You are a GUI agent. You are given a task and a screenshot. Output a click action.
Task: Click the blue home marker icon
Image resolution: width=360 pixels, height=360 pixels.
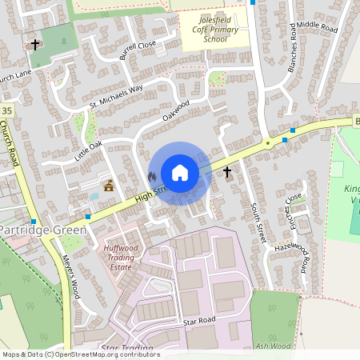click(x=180, y=173)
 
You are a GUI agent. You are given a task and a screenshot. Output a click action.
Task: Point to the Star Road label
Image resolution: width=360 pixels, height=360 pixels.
click(x=199, y=321)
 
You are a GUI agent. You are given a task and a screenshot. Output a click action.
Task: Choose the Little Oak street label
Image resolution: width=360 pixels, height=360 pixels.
click(x=89, y=150)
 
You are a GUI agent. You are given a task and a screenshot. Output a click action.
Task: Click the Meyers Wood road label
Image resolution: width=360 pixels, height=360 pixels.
click(x=71, y=276)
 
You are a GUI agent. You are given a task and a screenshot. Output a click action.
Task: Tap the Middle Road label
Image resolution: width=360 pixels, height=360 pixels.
click(x=318, y=26)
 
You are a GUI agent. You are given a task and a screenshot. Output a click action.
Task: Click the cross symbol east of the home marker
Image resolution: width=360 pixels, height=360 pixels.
click(x=227, y=172)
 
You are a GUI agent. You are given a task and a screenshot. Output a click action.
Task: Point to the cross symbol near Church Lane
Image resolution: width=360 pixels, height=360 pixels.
click(x=34, y=44)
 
